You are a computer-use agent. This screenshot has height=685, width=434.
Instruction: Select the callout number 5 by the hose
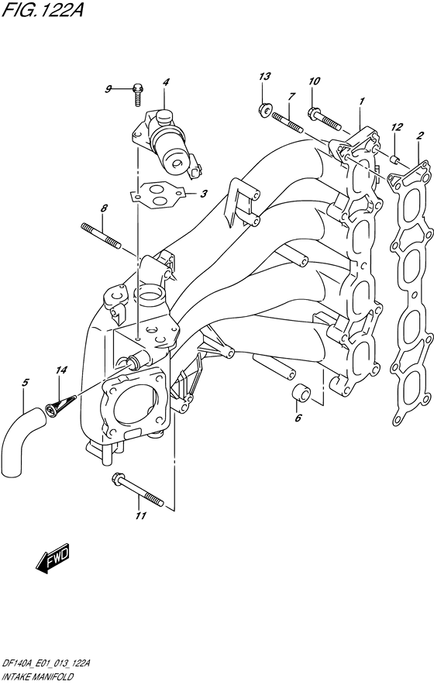pos(25,383)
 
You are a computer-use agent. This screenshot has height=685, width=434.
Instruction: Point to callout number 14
pos(61,370)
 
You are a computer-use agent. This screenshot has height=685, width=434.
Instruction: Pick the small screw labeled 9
pos(138,95)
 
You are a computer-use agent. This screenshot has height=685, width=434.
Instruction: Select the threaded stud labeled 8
pos(102,236)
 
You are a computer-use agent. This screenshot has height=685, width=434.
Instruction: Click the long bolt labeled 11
pos(137,489)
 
